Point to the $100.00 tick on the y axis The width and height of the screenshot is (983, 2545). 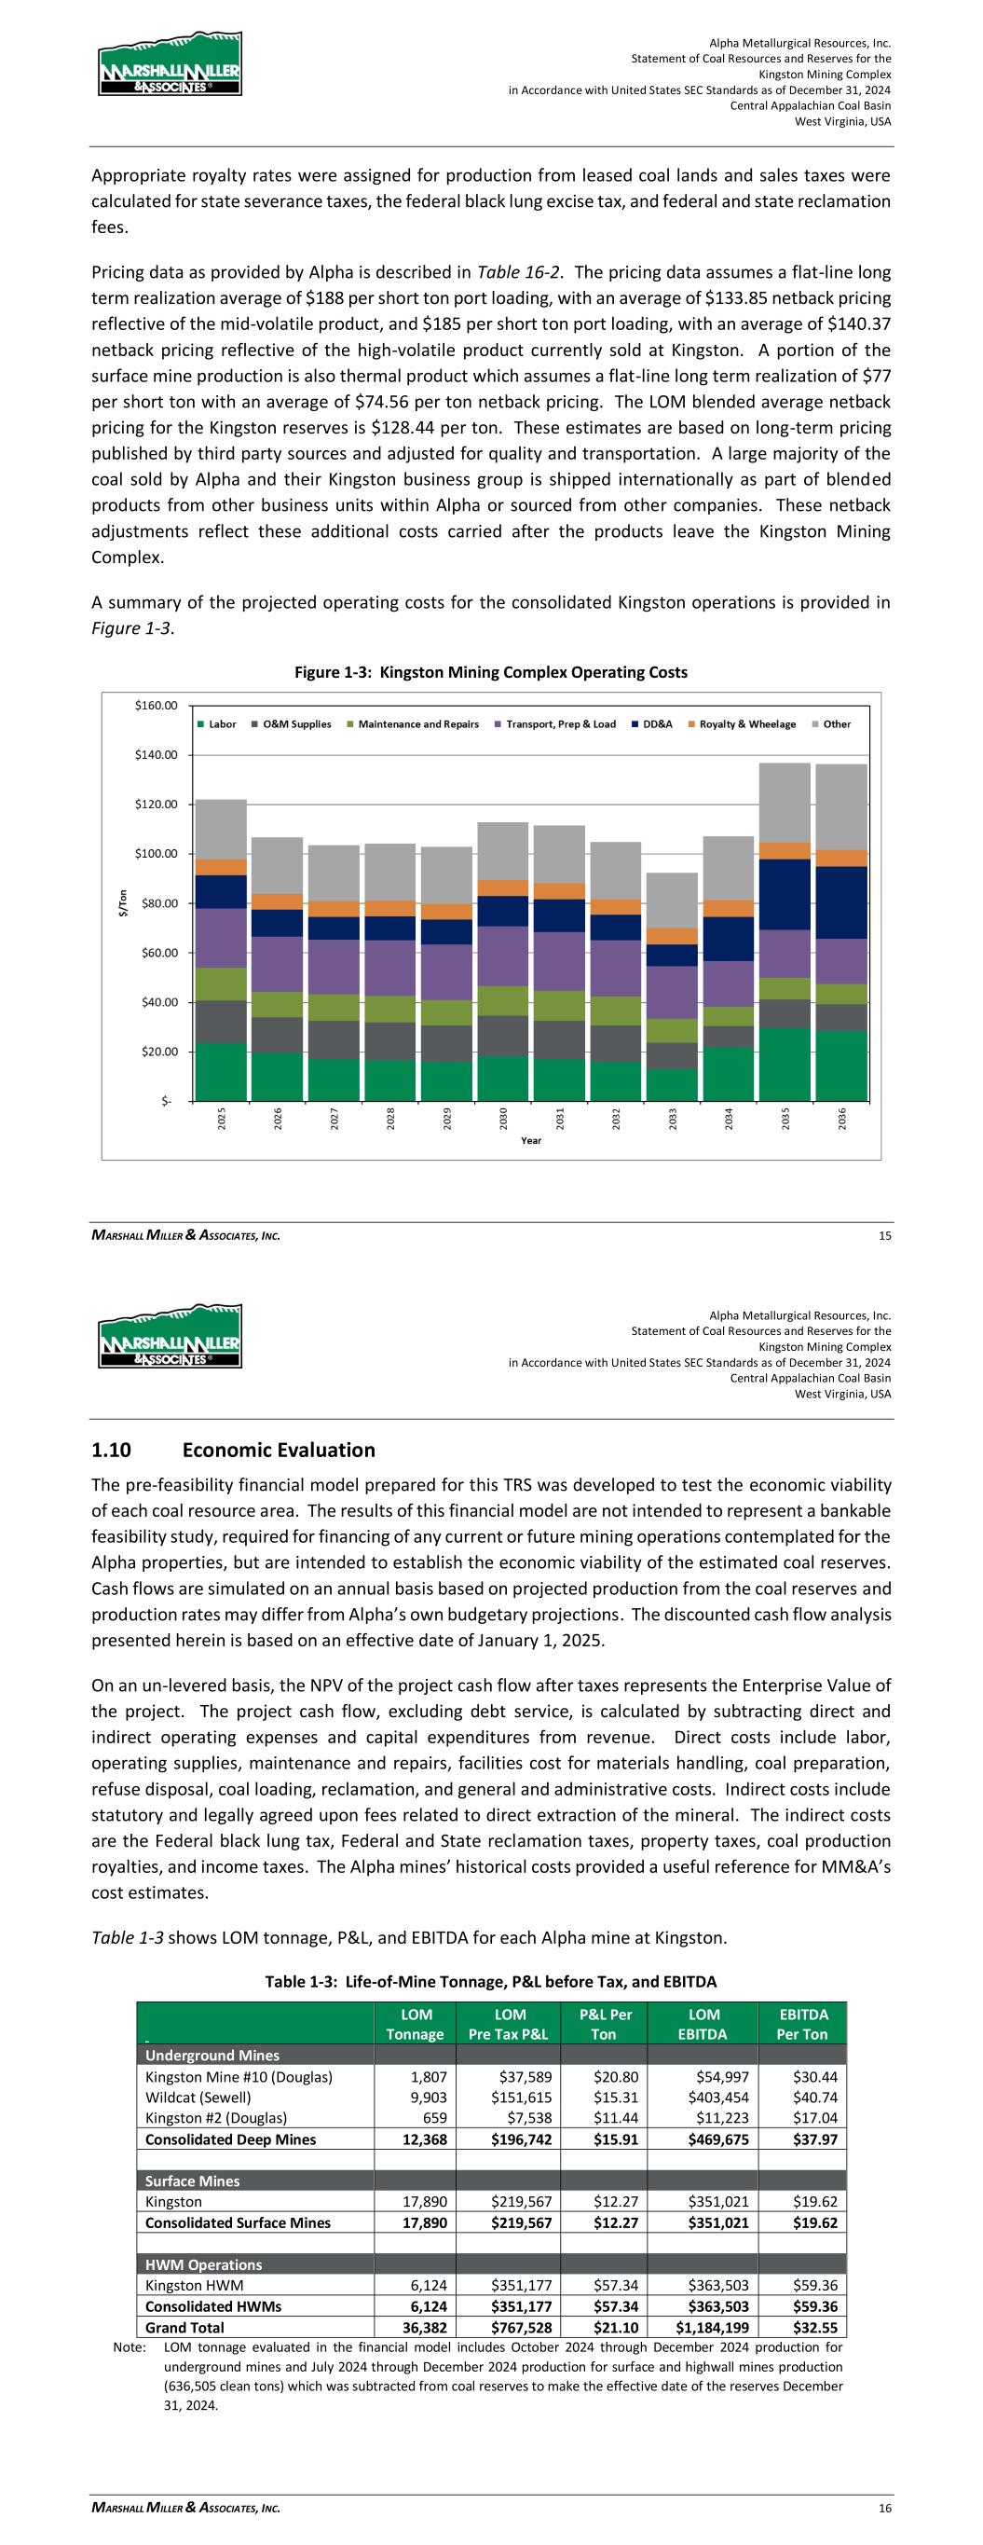tap(157, 854)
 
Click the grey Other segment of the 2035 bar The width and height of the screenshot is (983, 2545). tap(785, 803)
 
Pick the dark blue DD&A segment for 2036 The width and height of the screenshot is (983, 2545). tap(840, 902)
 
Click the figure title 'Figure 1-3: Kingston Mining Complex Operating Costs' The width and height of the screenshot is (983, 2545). tap(491, 673)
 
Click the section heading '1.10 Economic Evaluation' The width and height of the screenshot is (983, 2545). tap(233, 1451)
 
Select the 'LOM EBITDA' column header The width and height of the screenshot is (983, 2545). tap(703, 2023)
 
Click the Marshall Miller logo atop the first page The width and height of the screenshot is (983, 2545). tap(170, 64)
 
